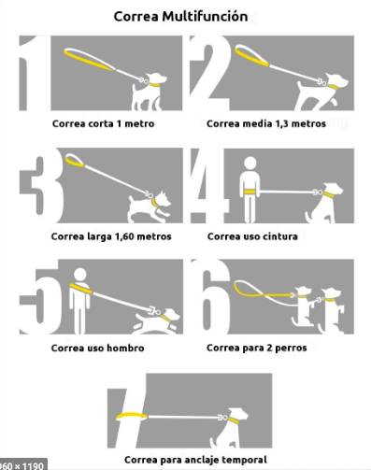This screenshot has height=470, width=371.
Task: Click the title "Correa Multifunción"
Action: (x=180, y=17)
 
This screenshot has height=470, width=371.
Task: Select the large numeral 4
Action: (x=207, y=186)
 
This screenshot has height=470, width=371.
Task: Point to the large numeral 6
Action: (x=210, y=296)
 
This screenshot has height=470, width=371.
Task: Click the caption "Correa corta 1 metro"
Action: (x=104, y=123)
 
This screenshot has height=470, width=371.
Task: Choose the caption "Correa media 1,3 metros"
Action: (x=266, y=123)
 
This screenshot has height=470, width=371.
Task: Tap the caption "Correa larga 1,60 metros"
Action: (x=111, y=236)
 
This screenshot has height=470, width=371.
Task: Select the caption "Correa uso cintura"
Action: (x=252, y=236)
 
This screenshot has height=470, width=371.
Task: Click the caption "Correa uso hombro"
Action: (x=97, y=348)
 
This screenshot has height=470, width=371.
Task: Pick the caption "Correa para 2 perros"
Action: (x=257, y=348)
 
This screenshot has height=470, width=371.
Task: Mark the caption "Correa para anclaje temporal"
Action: (x=195, y=460)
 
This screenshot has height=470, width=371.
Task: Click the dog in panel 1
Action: (x=149, y=92)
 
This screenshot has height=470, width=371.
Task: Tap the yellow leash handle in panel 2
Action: (x=251, y=56)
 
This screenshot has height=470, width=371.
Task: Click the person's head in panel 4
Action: (x=250, y=164)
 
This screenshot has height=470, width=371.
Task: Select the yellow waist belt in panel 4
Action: (x=250, y=192)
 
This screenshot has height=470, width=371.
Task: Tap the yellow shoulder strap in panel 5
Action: (x=81, y=289)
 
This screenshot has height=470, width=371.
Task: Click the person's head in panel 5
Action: (x=80, y=275)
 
